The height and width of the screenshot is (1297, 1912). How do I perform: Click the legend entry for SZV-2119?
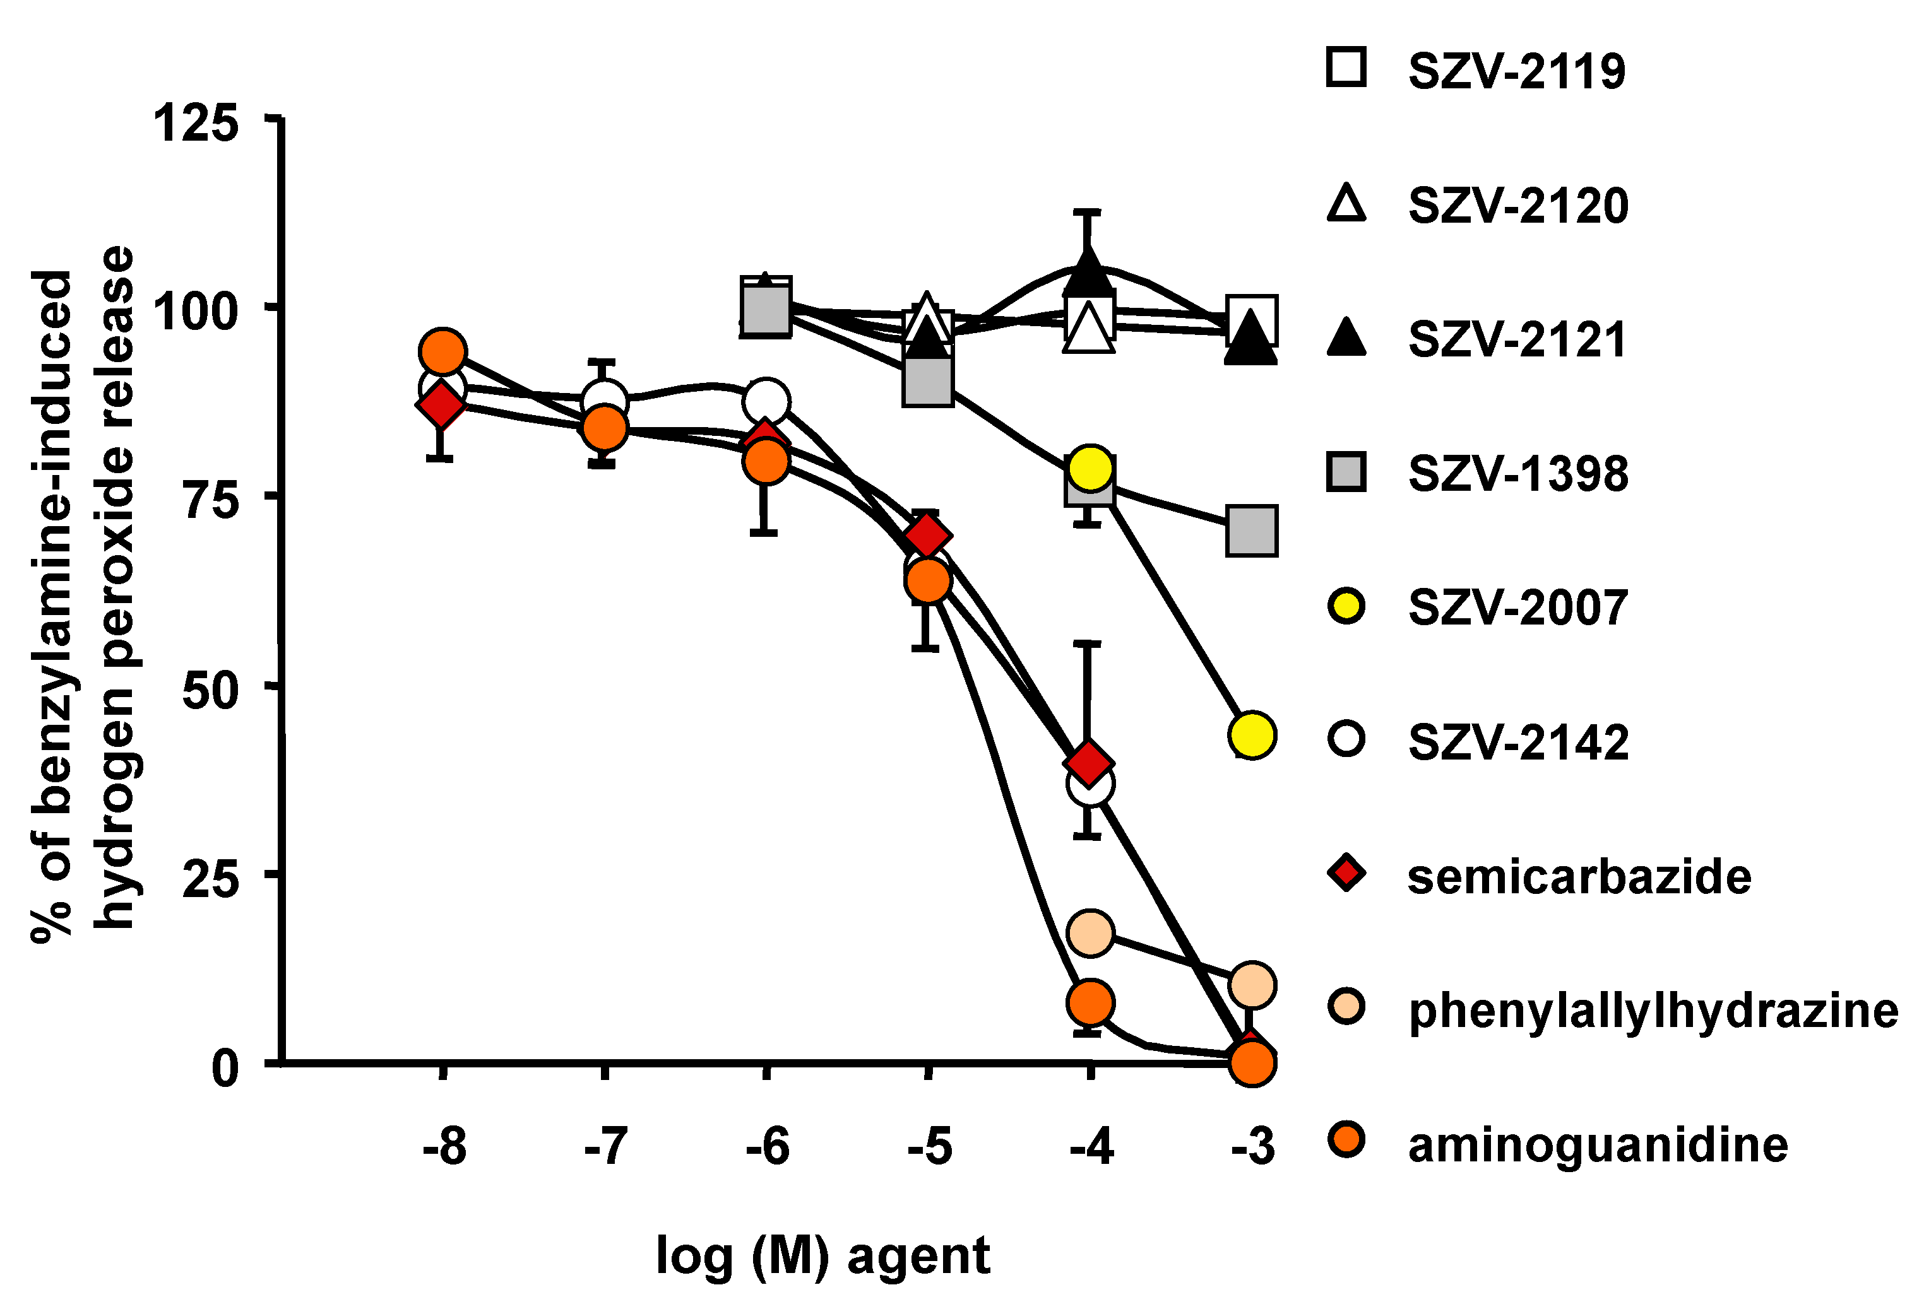[1516, 71]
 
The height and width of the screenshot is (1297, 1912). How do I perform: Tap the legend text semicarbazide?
[1579, 877]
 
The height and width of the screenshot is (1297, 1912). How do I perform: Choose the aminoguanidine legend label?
[1597, 1145]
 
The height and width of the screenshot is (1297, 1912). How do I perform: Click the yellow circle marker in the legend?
[1346, 607]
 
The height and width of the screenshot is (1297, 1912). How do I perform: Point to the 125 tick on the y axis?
[196, 124]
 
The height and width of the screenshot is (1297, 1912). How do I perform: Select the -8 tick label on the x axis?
[444, 1146]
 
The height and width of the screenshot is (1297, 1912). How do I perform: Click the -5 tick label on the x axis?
[930, 1146]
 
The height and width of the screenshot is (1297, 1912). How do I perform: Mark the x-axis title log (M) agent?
[822, 1256]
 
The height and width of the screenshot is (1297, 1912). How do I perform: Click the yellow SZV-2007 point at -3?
[1251, 734]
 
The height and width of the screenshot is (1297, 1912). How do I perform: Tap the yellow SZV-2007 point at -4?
[1091, 469]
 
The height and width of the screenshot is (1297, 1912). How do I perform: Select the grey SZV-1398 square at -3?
[1251, 531]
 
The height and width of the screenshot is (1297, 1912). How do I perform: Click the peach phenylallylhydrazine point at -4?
[1091, 932]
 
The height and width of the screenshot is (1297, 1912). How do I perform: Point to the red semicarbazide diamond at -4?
[1090, 763]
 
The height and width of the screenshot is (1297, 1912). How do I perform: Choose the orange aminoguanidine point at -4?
[1091, 1002]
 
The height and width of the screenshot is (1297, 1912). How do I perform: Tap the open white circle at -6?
[766, 401]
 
